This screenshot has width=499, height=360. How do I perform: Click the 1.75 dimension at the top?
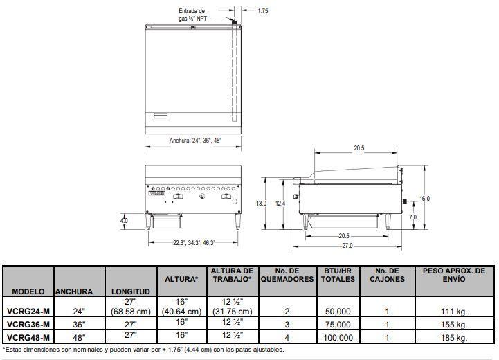[263, 11]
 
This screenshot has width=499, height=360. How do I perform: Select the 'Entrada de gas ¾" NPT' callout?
[192, 15]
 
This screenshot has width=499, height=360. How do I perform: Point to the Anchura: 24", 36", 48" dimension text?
[195, 141]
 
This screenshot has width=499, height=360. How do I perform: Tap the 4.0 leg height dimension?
[124, 220]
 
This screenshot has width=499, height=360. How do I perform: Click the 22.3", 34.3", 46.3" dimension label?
[194, 243]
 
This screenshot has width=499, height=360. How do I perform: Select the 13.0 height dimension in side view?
[262, 203]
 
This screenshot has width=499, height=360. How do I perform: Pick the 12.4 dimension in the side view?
[280, 203]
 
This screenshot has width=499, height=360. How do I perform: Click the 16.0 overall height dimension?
[424, 198]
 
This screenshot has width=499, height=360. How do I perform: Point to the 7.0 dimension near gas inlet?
[412, 217]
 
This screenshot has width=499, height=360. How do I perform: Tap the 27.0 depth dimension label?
[347, 246]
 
